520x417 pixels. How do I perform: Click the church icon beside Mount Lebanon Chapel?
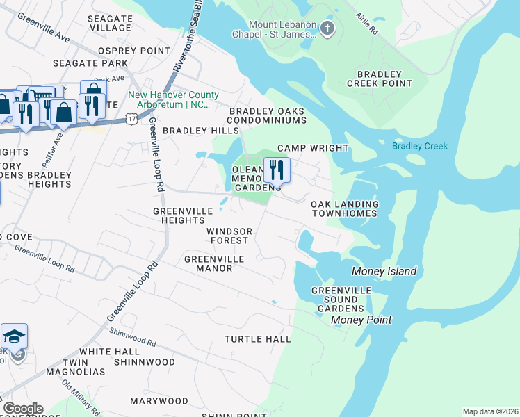tap(327, 28)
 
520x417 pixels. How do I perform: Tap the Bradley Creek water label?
tap(419, 146)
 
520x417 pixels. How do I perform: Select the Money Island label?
tap(384, 271)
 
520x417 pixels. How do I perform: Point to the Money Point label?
tap(361, 320)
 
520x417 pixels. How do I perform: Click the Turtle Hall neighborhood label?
tap(257, 339)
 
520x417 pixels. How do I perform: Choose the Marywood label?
tap(159, 401)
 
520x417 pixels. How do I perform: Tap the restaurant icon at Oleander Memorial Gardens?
tap(277, 169)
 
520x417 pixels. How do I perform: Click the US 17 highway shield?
tap(131, 120)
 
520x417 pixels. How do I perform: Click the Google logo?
tap(22, 409)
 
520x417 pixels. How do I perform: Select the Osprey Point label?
tap(134, 51)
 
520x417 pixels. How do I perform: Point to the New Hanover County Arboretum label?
tap(173, 99)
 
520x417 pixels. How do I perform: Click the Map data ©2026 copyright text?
tap(489, 411)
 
